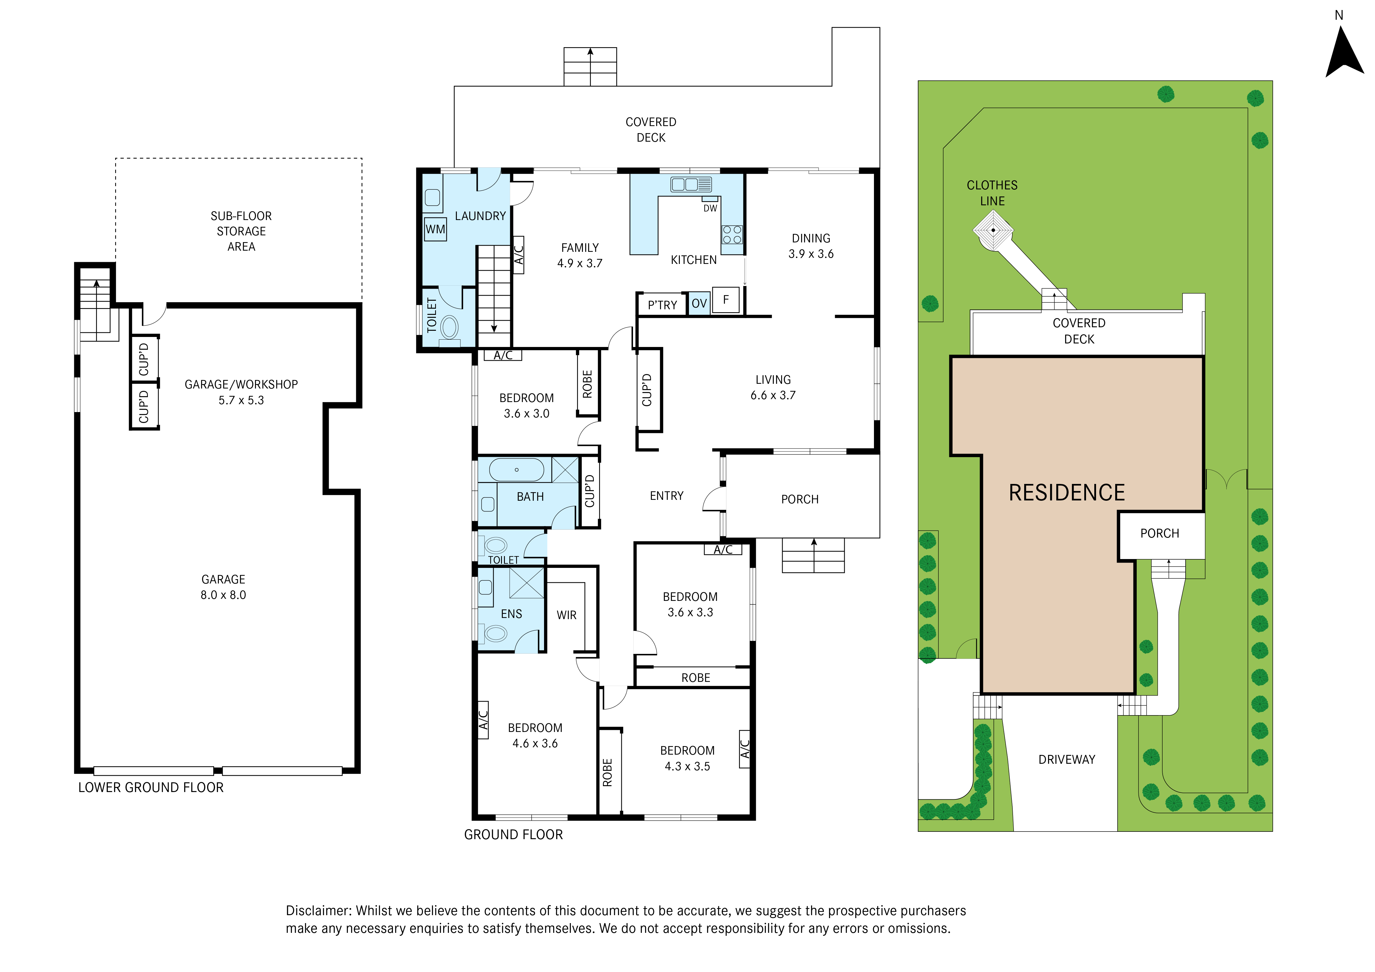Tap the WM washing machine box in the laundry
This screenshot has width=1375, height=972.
coord(435,229)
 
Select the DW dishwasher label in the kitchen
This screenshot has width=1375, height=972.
coord(710,209)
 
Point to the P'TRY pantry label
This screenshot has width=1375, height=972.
coord(662,305)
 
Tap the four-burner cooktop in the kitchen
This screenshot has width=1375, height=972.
coord(732,235)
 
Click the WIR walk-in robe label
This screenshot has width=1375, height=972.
coord(566,615)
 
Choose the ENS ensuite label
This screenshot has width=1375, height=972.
coord(511,614)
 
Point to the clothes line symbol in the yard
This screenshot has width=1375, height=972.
coord(993,230)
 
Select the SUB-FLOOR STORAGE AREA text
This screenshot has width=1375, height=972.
coord(241,231)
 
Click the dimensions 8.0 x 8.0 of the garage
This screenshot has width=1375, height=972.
coord(223,595)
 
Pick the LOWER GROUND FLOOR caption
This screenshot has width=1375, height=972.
coord(151,788)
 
